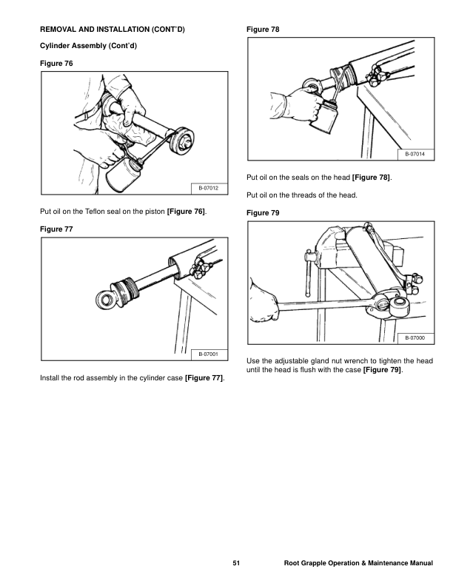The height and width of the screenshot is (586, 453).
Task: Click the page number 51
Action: point(236,564)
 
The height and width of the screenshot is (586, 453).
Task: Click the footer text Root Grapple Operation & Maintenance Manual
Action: point(358,564)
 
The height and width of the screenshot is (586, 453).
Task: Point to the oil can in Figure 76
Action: point(122,175)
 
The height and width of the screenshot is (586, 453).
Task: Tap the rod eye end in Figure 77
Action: point(105,299)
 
